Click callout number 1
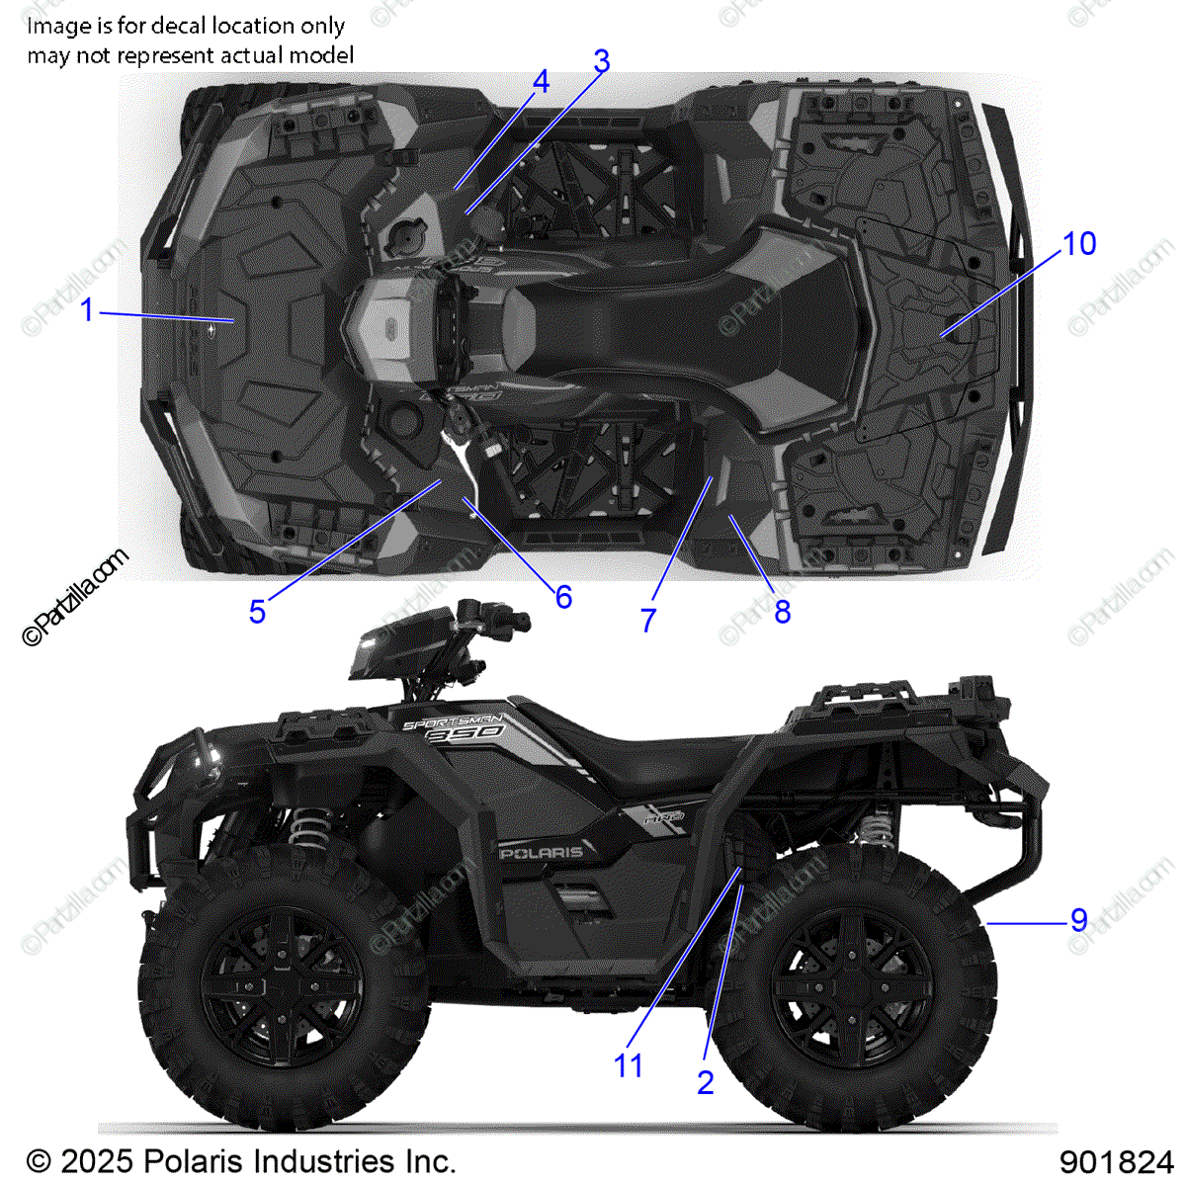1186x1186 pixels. (87, 310)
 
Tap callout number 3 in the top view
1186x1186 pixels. (601, 61)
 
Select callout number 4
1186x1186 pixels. (540, 82)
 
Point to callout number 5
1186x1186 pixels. (257, 612)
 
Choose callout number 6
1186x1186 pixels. (563, 597)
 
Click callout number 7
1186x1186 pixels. (648, 621)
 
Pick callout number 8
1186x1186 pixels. (782, 613)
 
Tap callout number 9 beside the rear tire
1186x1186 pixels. (1078, 921)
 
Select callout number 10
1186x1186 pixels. (1078, 244)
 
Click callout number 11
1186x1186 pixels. (628, 1066)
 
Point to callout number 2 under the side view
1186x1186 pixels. (705, 1082)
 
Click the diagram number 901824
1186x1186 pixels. (1116, 1161)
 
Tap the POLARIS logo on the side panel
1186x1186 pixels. (542, 852)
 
